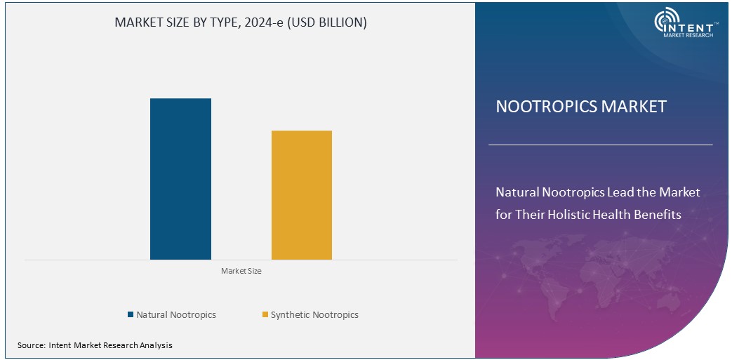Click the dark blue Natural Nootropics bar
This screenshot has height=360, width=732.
tap(180, 179)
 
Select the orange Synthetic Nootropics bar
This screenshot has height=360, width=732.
tap(302, 195)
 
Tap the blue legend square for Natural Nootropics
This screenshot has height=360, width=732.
tap(131, 315)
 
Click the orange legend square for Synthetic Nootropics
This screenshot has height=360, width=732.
tap(265, 315)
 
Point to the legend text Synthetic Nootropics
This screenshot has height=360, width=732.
tap(314, 315)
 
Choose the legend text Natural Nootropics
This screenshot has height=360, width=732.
tap(176, 315)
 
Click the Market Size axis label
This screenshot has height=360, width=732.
tap(241, 271)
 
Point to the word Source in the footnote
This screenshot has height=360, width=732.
tap(32, 345)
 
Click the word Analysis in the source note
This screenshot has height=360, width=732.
tap(156, 345)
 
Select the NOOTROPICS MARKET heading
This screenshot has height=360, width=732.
tap(581, 107)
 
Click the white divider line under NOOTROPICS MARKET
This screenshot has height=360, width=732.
tap(600, 145)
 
